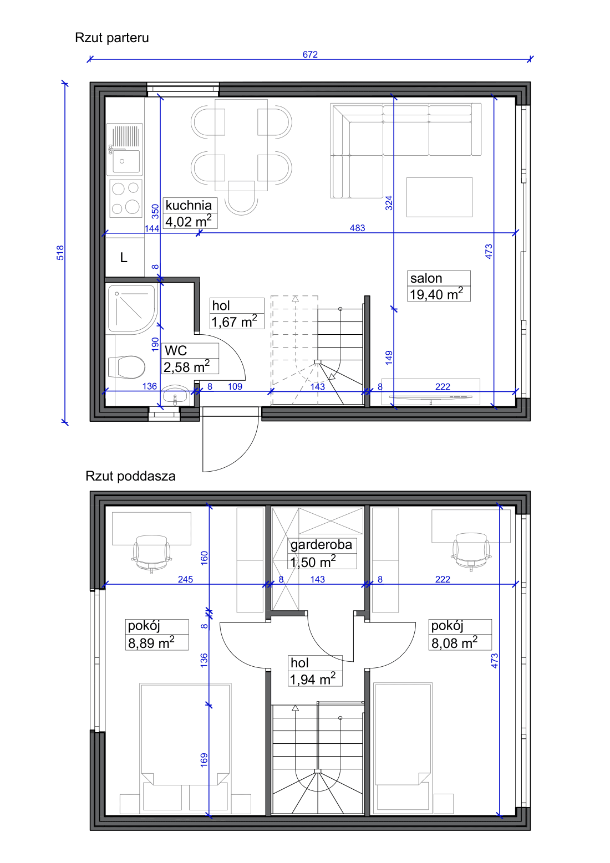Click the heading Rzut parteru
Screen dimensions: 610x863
112,38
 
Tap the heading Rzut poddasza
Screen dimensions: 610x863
130,476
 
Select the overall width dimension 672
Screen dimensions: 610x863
310,54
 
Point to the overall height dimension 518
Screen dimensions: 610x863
60,253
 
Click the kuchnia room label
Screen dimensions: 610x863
189,205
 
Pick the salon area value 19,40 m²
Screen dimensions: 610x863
436,294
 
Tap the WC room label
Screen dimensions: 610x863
176,351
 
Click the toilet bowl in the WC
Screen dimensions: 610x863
126,367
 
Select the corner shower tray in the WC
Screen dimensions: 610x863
131,309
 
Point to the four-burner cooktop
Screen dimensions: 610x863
126,198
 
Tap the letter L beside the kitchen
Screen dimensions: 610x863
124,257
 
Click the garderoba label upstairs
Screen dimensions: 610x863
322,544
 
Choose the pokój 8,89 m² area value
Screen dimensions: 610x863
151,642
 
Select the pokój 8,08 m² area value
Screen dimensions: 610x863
454,642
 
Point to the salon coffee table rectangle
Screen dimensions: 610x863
439,197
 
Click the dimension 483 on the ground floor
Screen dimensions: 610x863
357,228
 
